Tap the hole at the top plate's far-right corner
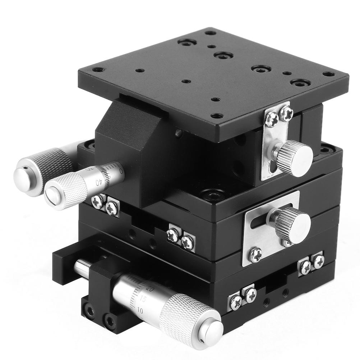tap(328, 74)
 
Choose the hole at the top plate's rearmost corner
tap(211, 33)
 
